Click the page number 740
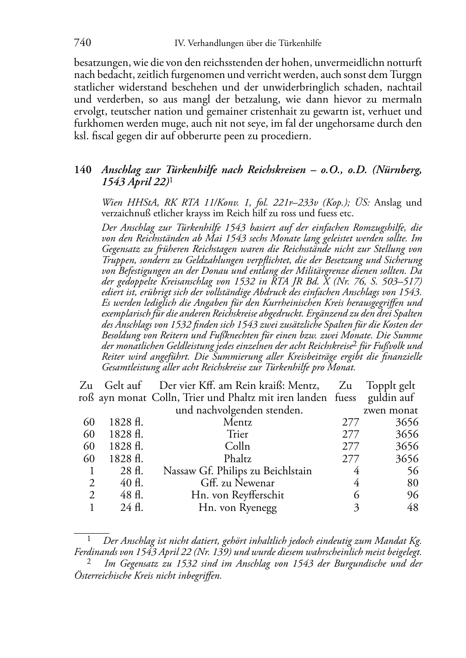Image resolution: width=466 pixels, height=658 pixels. coord(82,43)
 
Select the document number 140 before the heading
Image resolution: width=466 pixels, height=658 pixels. coord(83,170)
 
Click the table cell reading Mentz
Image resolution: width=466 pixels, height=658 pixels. coord(238,422)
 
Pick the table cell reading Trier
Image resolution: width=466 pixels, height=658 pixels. coord(238,434)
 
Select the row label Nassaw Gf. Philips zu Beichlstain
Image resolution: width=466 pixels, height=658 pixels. coord(238,471)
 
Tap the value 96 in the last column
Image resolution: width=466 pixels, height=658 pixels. coord(413,495)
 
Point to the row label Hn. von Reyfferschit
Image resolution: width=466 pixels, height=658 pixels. coord(238,495)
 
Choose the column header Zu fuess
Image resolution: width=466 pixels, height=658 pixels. coord(345,392)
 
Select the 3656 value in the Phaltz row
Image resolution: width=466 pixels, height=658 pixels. coord(407,459)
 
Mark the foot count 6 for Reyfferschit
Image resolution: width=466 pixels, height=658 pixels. coord(356,495)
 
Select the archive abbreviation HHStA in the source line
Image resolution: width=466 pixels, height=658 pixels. coord(135,202)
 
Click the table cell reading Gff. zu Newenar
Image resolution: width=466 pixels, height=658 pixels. coord(238,483)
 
